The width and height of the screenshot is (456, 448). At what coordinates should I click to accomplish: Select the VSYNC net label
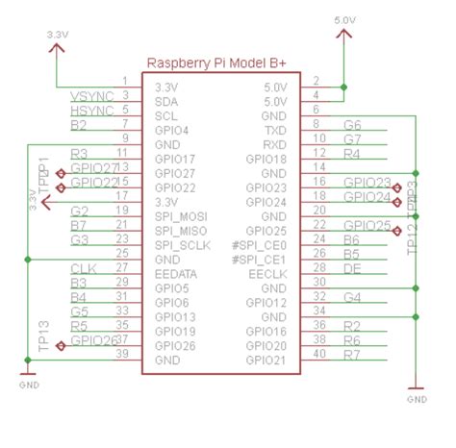coord(93,97)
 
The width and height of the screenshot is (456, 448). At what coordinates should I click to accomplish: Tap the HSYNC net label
coord(93,112)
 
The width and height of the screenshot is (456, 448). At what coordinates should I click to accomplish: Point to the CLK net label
coord(84,266)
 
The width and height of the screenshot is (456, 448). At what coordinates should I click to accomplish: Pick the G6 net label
coord(352,125)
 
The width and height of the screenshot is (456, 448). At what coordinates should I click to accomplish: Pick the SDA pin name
coord(166,99)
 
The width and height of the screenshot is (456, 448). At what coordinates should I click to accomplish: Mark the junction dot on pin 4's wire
coord(343,87)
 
